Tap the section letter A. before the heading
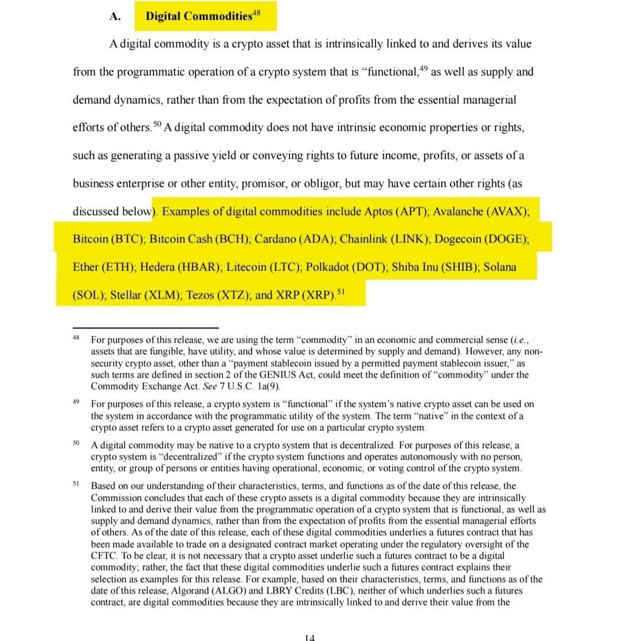[x=114, y=16]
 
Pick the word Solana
[x=500, y=267]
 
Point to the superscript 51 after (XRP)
[x=342, y=292]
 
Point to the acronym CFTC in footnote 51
[x=103, y=556]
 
